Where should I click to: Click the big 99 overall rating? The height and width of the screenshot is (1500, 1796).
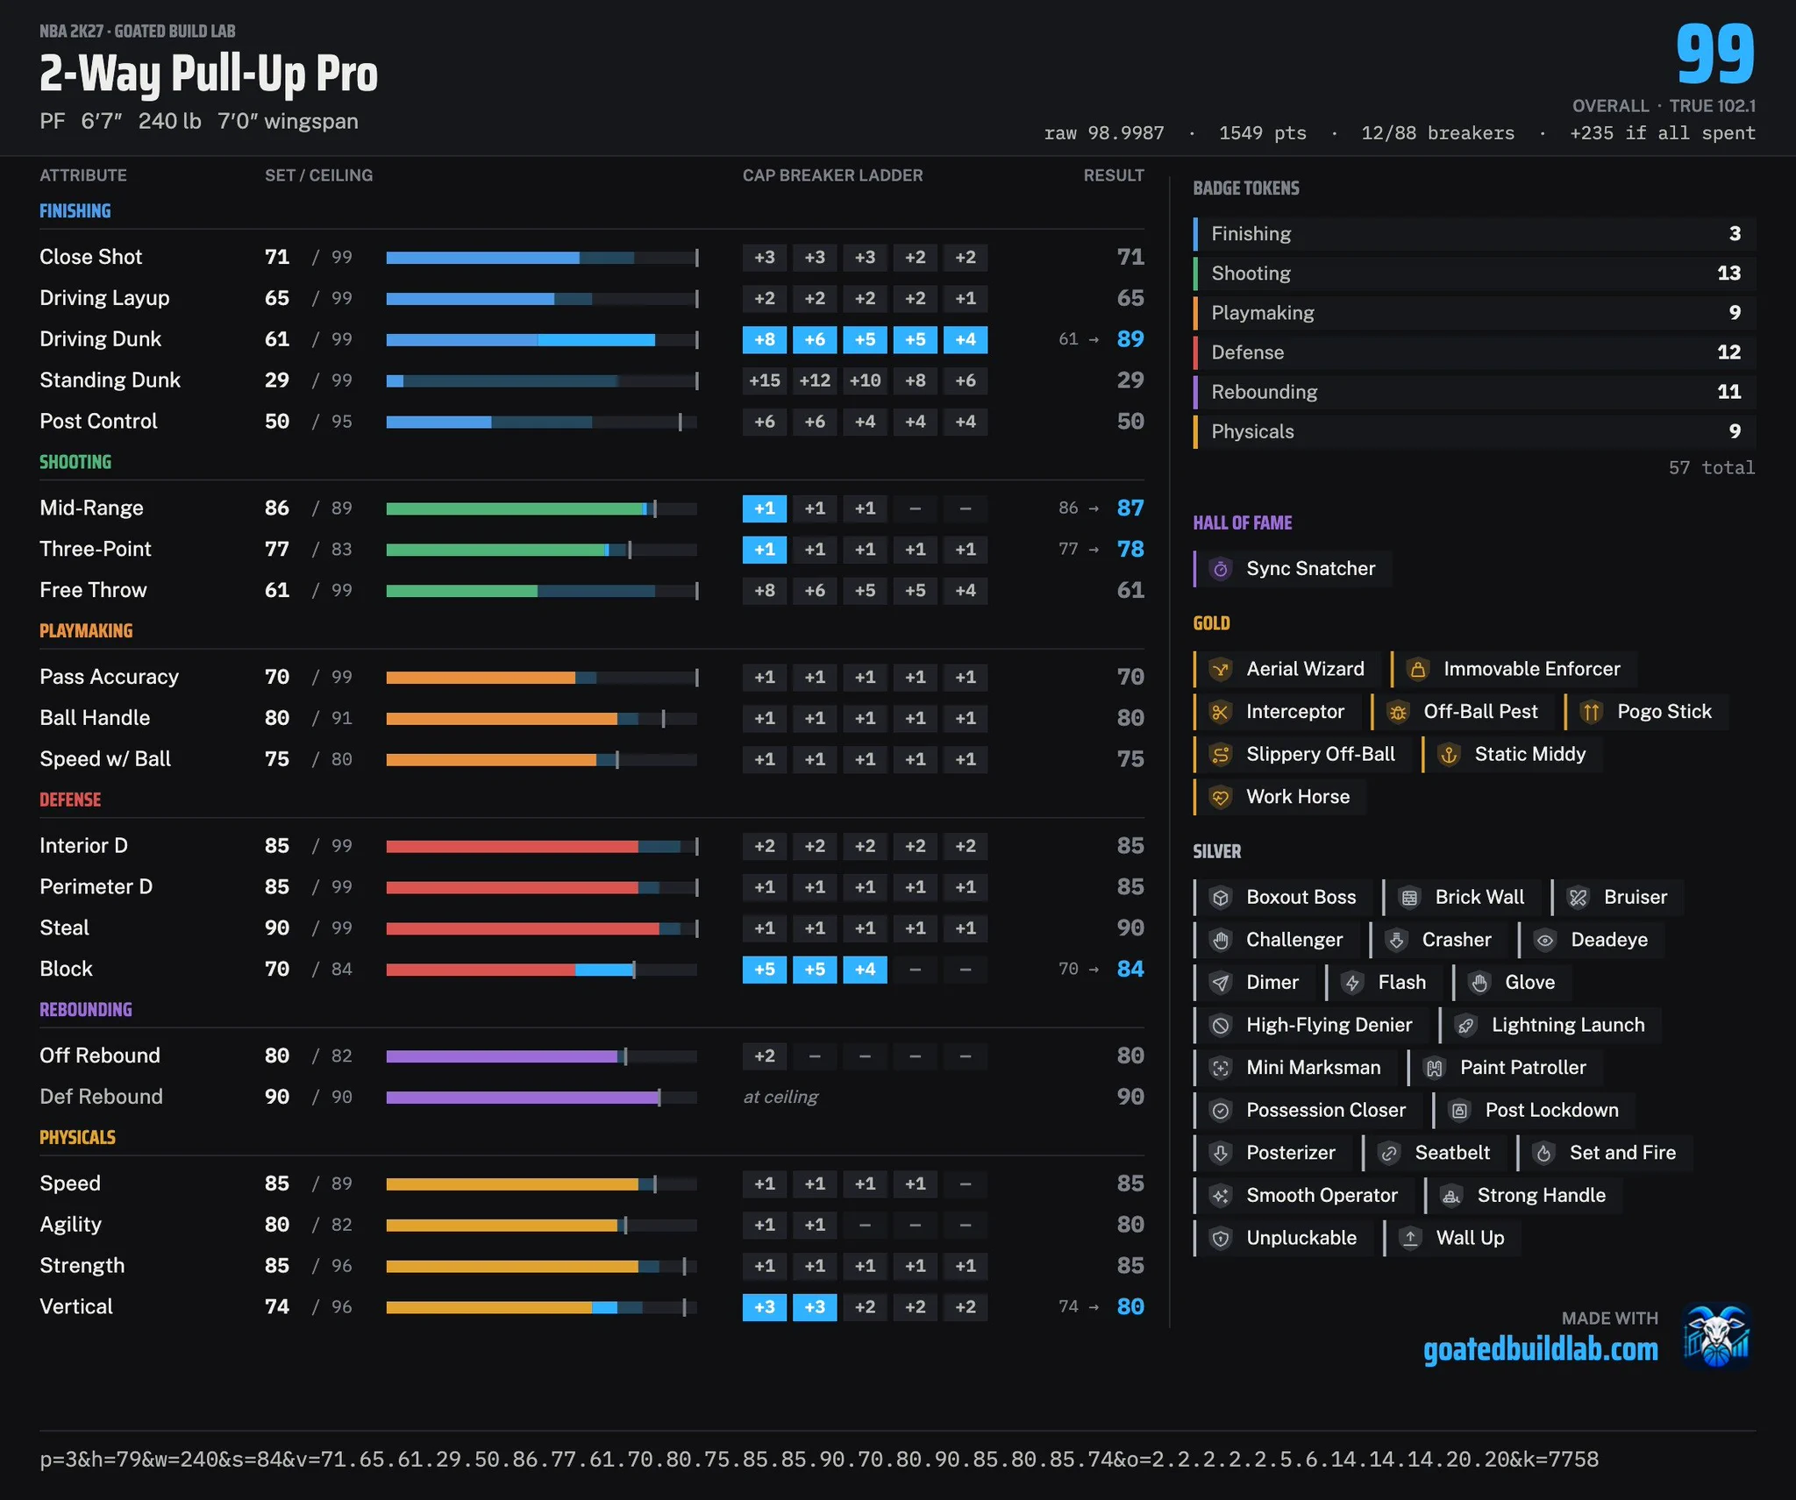pyautogui.click(x=1714, y=54)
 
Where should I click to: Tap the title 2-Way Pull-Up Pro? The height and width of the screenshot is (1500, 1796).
pyautogui.click(x=209, y=74)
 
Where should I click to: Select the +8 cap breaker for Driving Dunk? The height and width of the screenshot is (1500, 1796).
pyautogui.click(x=765, y=339)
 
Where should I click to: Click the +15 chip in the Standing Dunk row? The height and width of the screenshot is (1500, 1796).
pyautogui.click(x=765, y=380)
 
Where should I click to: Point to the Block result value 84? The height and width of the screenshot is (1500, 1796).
pyautogui.click(x=1130, y=969)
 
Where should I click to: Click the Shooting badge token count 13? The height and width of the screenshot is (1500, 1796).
pyautogui.click(x=1728, y=274)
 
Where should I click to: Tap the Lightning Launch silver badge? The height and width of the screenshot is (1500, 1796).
pyautogui.click(x=1550, y=1025)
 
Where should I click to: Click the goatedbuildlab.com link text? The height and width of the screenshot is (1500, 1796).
pyautogui.click(x=1541, y=1349)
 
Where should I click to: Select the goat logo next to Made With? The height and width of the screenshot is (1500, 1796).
pyautogui.click(x=1717, y=1336)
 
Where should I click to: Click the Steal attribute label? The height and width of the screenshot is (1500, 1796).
pyautogui.click(x=64, y=928)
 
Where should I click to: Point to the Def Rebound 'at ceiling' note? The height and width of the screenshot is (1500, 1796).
pyautogui.click(x=780, y=1097)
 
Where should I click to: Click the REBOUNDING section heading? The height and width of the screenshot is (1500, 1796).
pyautogui.click(x=86, y=1010)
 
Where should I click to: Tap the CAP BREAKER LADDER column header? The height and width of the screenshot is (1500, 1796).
pyautogui.click(x=832, y=175)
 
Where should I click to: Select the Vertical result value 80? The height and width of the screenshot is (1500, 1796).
pyautogui.click(x=1130, y=1306)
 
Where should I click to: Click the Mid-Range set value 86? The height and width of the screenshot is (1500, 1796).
pyautogui.click(x=277, y=508)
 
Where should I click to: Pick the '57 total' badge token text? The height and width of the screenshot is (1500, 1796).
pyautogui.click(x=1711, y=468)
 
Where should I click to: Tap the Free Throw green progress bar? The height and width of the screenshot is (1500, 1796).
pyautogui.click(x=461, y=591)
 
